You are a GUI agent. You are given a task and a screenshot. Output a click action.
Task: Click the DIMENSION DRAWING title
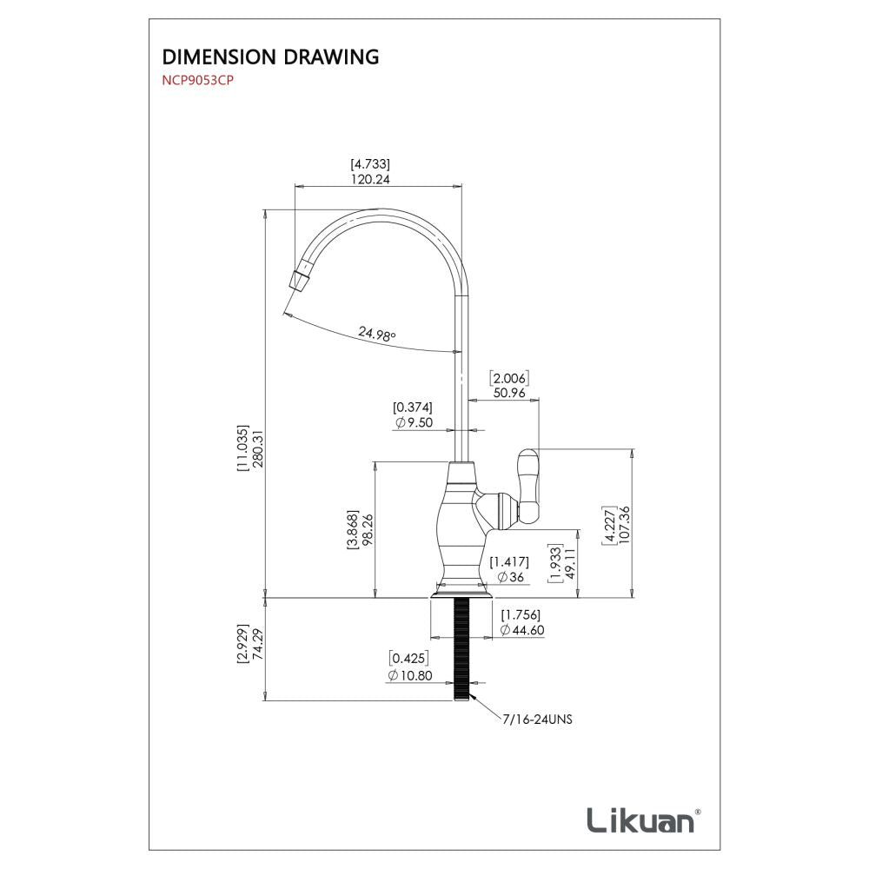tap(270, 58)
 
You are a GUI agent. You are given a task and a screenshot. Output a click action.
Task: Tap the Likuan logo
tap(641, 819)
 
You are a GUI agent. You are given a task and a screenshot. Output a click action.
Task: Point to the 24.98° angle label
tap(375, 333)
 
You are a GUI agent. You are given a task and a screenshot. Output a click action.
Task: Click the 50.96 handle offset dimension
tap(510, 392)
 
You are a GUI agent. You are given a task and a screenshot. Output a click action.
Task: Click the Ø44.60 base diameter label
tap(523, 631)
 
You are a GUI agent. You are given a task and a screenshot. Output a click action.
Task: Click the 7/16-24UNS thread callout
tap(537, 720)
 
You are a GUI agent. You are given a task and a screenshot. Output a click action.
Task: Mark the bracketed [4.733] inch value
tap(369, 163)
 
